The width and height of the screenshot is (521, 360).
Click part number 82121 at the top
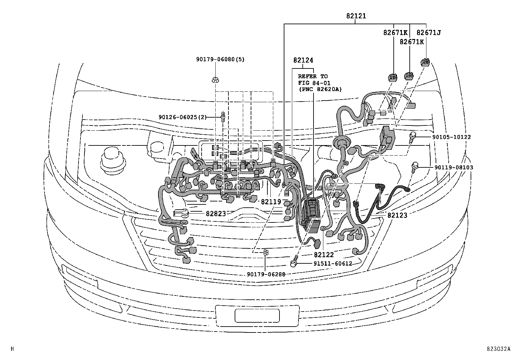point(356,16)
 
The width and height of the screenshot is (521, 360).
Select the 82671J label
point(428,33)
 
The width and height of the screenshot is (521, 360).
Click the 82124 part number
point(303,60)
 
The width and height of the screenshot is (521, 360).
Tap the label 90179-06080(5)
point(220,59)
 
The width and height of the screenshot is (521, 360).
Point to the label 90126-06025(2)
point(183,117)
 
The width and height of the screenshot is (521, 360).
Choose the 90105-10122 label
point(453,137)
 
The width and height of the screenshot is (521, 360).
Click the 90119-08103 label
point(454,167)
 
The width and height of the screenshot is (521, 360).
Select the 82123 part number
point(397,215)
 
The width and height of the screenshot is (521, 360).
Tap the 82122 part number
point(324,255)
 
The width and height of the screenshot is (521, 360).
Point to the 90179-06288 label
point(266,274)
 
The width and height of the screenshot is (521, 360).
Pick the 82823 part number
point(216,214)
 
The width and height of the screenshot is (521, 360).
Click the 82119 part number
point(271,202)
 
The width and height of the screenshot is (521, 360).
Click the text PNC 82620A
point(319,89)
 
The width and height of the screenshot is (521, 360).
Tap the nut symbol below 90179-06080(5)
point(215,79)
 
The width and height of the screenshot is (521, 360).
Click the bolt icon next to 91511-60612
point(294,262)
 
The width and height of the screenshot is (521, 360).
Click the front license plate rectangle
point(257,316)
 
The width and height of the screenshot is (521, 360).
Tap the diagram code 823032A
point(498,349)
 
